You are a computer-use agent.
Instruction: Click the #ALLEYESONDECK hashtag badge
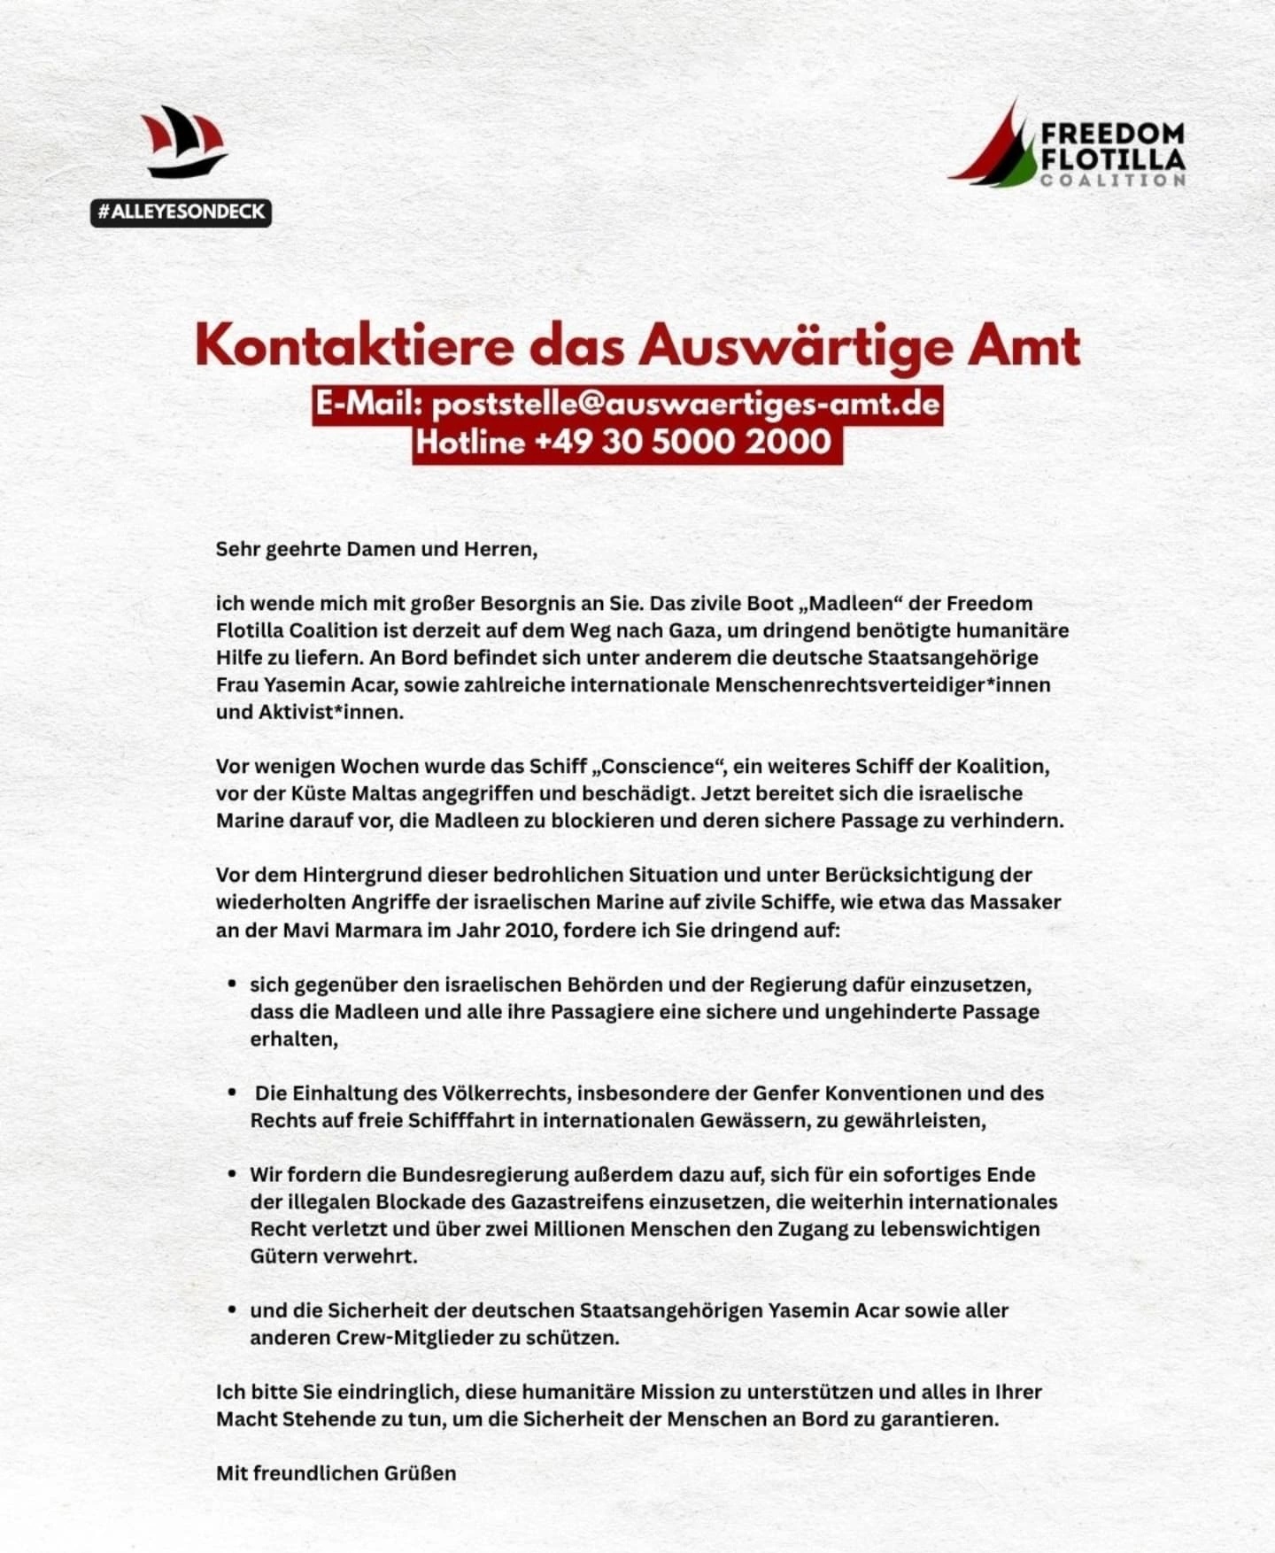[x=181, y=212]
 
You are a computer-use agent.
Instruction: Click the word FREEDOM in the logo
[x=1112, y=135]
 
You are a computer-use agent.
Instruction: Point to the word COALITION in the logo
[x=1113, y=180]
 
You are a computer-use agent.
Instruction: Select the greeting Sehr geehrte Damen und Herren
[x=376, y=549]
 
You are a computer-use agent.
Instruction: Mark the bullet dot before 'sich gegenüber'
[x=232, y=984]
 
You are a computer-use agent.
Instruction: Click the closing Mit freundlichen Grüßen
[x=336, y=1473]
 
